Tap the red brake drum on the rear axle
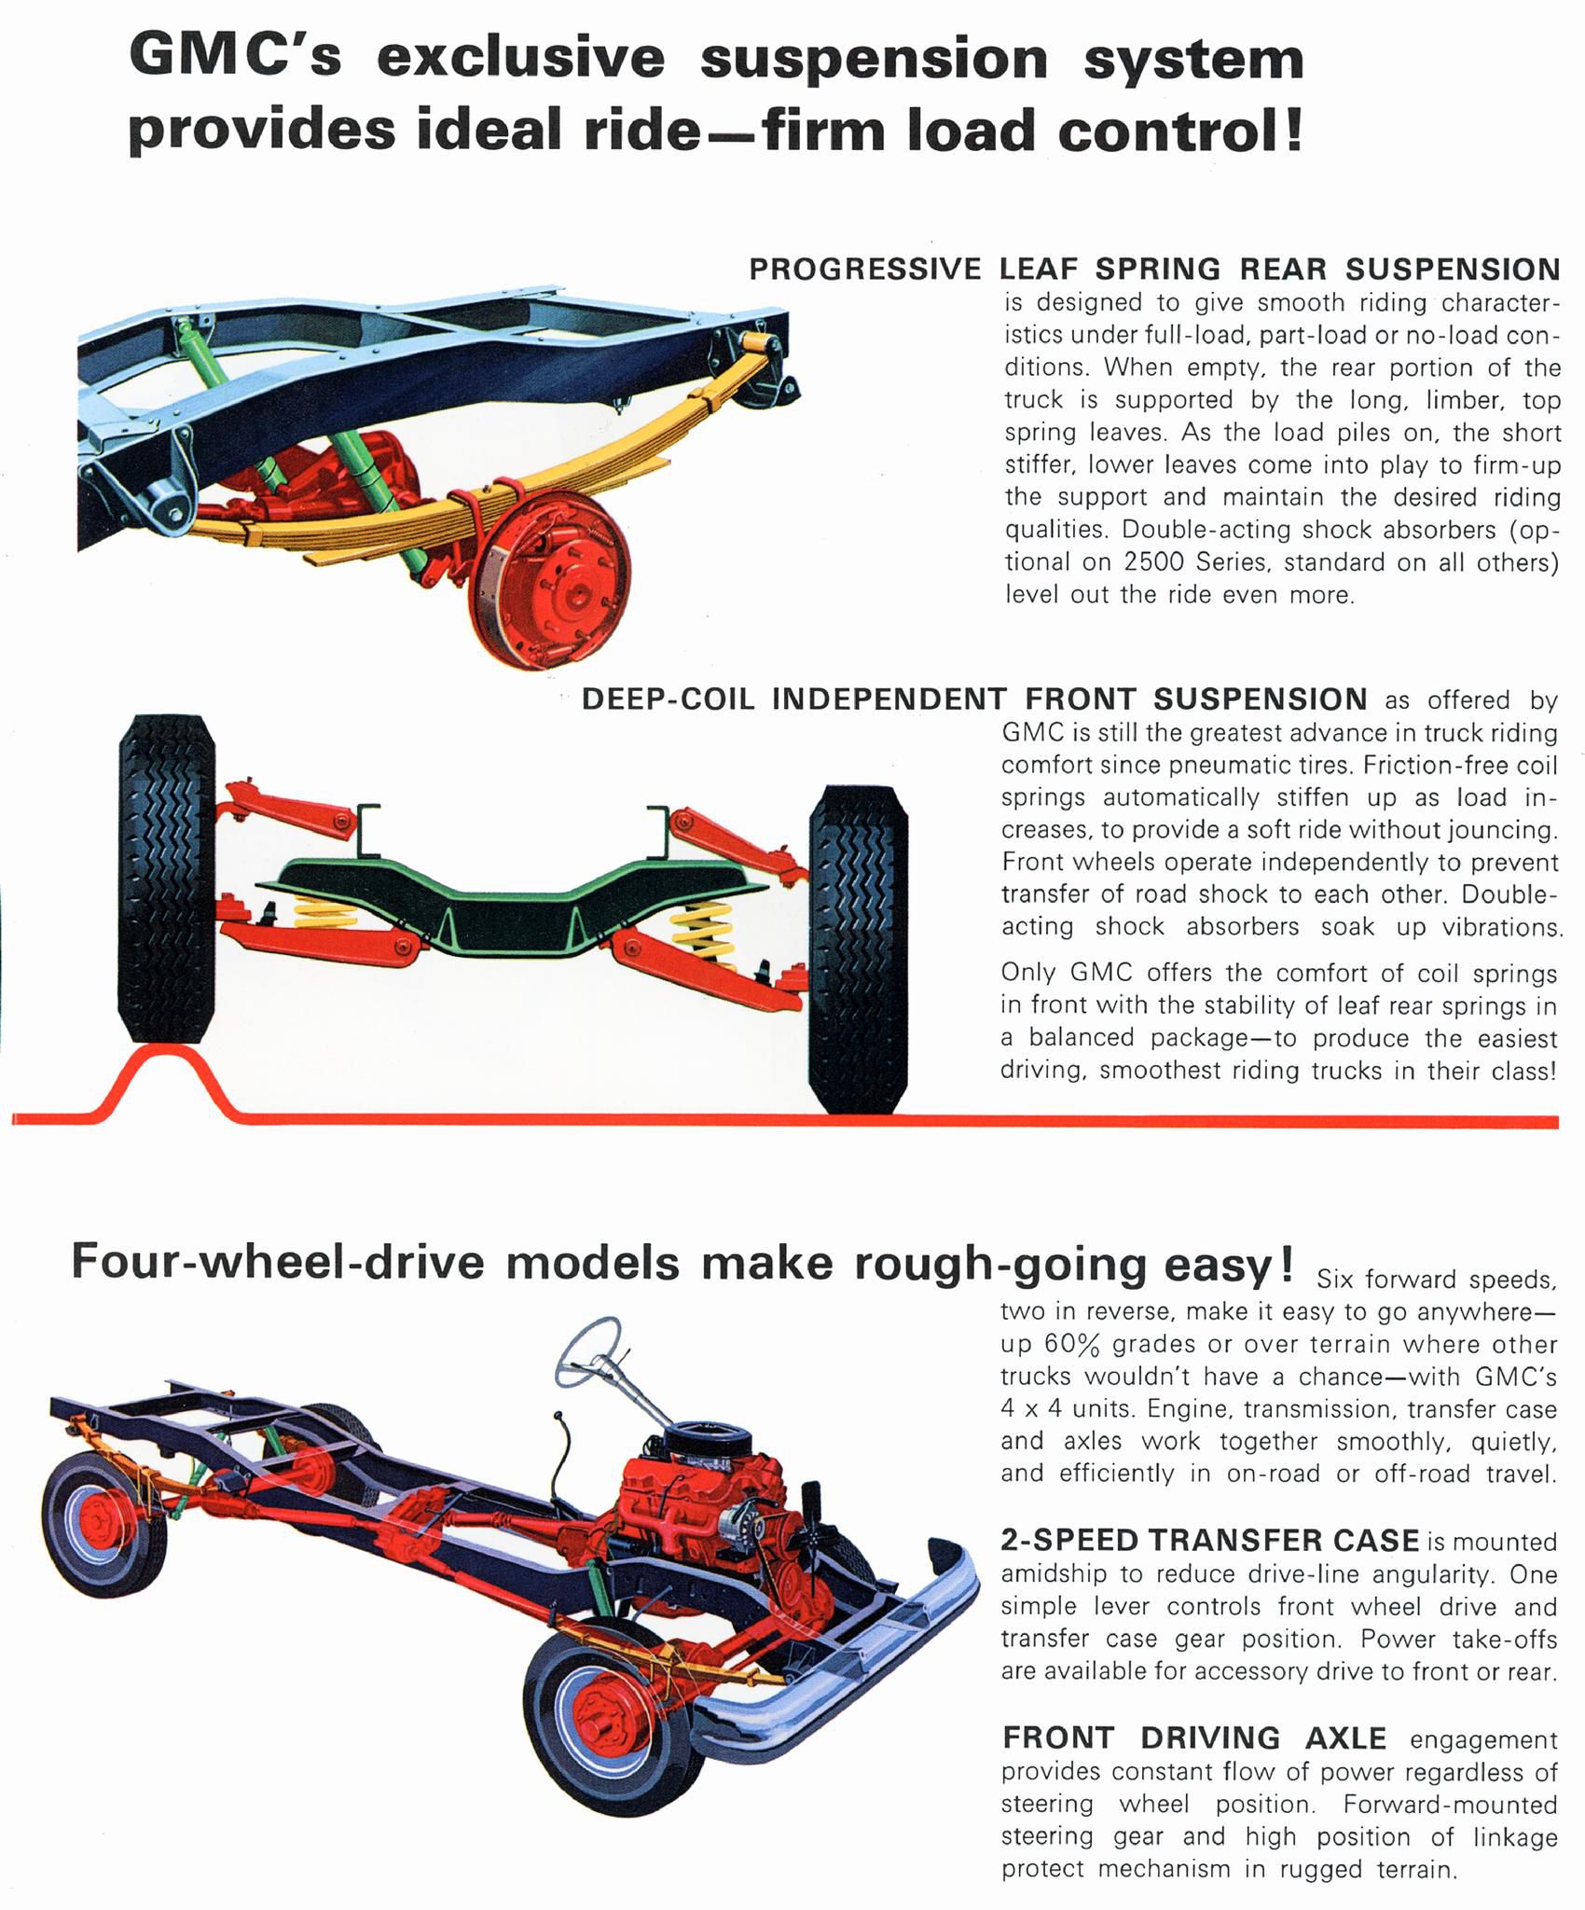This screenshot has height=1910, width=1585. pyautogui.click(x=551, y=578)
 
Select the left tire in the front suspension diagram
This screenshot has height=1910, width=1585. pyautogui.click(x=167, y=877)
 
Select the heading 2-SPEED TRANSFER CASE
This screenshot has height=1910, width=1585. pyautogui.click(x=1209, y=1540)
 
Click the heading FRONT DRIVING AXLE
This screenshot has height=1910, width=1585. pyautogui.click(x=1194, y=1737)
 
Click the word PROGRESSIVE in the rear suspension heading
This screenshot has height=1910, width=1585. pyautogui.click(x=865, y=270)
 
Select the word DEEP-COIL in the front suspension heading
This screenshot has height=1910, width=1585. pyautogui.click(x=668, y=699)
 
